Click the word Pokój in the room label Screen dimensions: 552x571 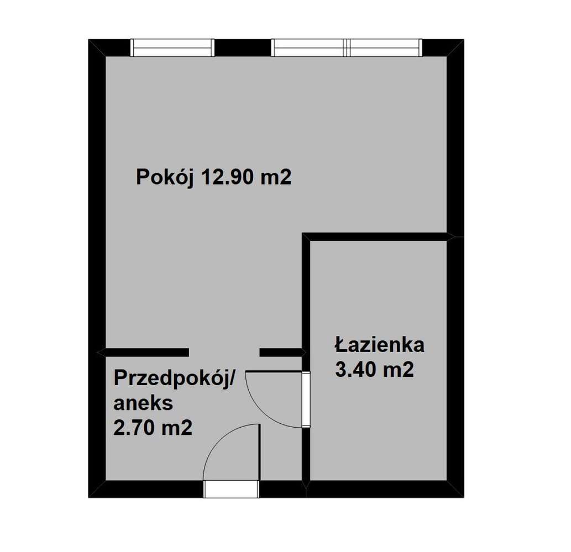[163, 178]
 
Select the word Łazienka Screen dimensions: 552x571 [379, 345]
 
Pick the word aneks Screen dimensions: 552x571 [143, 403]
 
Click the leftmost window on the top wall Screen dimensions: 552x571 [172, 48]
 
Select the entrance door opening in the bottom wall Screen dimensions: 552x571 [231, 489]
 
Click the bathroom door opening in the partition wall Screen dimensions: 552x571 [306, 399]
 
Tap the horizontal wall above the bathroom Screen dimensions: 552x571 [378, 237]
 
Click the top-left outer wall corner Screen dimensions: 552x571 [97, 48]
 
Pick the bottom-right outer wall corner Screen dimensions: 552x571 [455, 489]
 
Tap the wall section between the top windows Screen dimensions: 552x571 [242, 48]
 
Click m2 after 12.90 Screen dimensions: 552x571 [277, 178]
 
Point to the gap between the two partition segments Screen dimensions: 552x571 [224, 352]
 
